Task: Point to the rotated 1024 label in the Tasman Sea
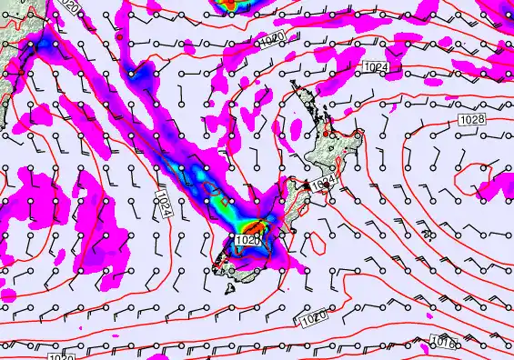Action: point(162,202)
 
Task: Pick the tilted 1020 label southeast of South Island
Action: point(311,319)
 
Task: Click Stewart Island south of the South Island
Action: point(229,289)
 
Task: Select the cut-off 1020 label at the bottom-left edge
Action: point(62,356)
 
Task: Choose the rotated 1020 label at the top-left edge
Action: point(73,7)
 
